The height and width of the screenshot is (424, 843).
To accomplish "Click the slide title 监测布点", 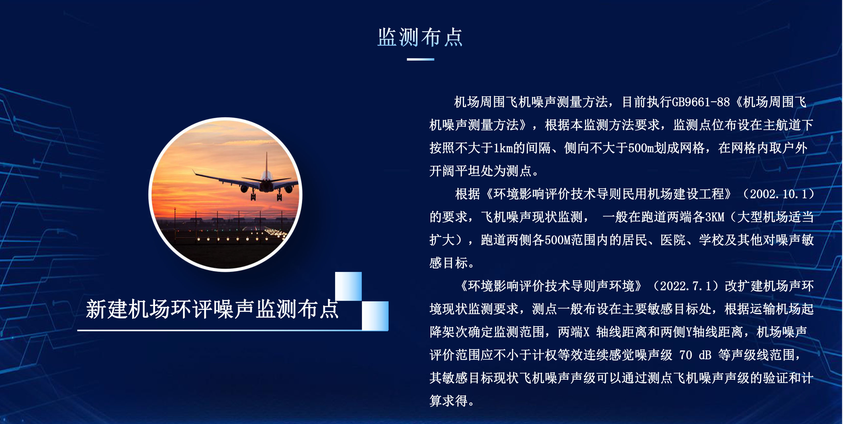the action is tap(420, 37).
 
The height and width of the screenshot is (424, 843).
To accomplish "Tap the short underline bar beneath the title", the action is tap(420, 59).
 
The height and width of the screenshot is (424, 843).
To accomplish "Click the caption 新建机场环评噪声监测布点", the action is tap(212, 309).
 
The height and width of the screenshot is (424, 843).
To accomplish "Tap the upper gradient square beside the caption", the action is tap(348, 286).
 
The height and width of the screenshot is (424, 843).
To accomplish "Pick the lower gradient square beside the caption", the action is tap(375, 316).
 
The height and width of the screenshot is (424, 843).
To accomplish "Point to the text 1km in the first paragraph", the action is tap(503, 148).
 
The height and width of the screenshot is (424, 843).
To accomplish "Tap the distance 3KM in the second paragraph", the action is tap(715, 217).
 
